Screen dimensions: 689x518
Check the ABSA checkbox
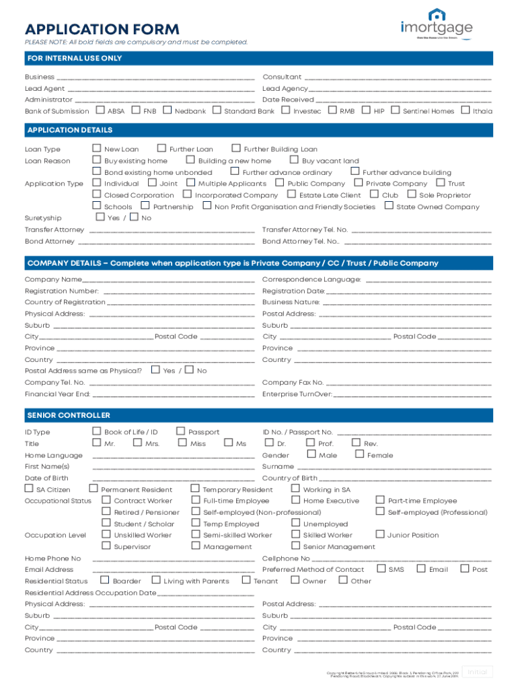pyautogui.click(x=102, y=110)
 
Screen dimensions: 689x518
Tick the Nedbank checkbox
pyautogui.click(x=168, y=110)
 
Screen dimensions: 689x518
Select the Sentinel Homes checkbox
pyautogui.click(x=395, y=110)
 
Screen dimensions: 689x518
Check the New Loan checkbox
pyautogui.click(x=97, y=149)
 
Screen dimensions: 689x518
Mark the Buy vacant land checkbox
pyautogui.click(x=294, y=160)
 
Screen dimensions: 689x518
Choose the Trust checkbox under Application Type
pyautogui.click(x=441, y=183)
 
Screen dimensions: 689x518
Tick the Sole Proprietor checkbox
pyautogui.click(x=412, y=194)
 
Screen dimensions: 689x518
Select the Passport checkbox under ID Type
pyautogui.click(x=181, y=431)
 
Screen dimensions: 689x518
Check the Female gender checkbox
pyautogui.click(x=360, y=455)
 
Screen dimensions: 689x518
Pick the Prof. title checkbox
pyautogui.click(x=310, y=443)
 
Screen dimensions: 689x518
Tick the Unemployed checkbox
pyautogui.click(x=296, y=523)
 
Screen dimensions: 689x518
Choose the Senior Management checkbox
pyautogui.click(x=296, y=546)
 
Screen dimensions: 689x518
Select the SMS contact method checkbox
pyautogui.click(x=381, y=569)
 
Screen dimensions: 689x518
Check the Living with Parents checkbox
pyautogui.click(x=156, y=580)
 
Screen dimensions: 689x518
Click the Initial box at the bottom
pyautogui.click(x=478, y=672)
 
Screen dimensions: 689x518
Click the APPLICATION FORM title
pyautogui.click(x=102, y=29)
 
